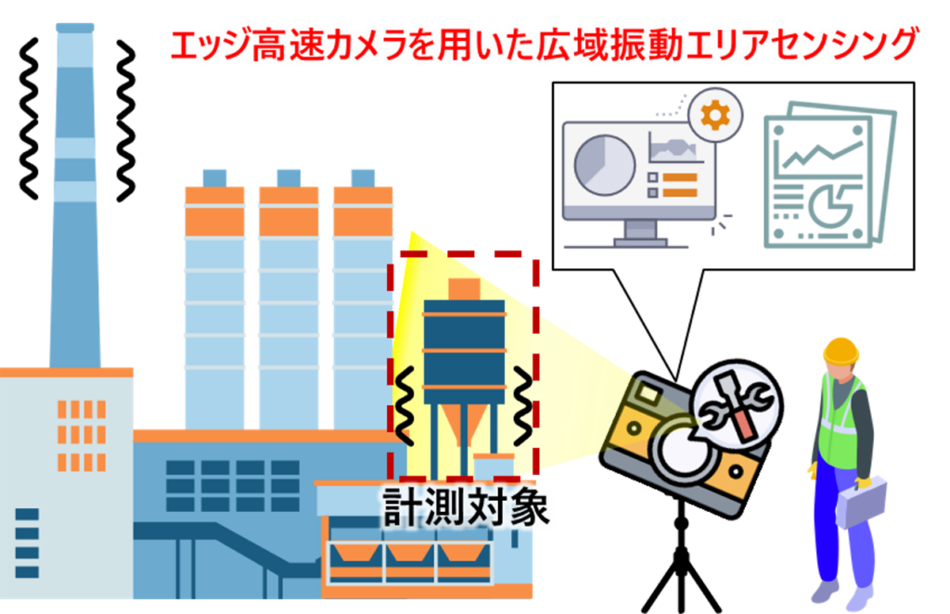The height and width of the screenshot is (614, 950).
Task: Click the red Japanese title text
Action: (544, 45)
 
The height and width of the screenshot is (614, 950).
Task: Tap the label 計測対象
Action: (466, 506)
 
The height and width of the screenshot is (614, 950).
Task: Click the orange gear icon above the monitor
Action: (715, 114)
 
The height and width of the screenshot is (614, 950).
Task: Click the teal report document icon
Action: (828, 175)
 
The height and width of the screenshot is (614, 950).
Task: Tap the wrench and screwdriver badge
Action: (738, 404)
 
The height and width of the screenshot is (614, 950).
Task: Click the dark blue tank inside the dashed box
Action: (464, 352)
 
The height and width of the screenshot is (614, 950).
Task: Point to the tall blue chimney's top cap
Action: (75, 28)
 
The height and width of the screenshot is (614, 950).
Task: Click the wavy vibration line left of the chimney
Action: (28, 119)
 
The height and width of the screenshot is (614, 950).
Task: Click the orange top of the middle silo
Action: (289, 211)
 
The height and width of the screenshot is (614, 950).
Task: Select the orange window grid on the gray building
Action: (82, 435)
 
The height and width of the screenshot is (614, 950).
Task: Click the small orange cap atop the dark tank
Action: (464, 288)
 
